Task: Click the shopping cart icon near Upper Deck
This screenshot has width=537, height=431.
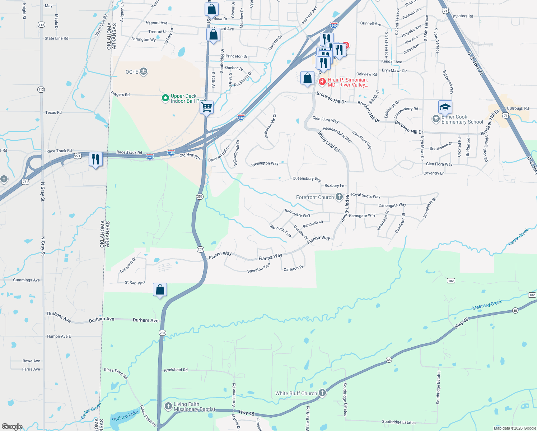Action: [x=207, y=107]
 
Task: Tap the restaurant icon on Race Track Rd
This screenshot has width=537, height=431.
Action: [x=95, y=159]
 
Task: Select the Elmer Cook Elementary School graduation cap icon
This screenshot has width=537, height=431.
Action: [x=445, y=107]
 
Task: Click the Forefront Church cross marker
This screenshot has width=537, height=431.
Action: [x=339, y=197]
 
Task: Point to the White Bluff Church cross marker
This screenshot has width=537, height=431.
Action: [x=322, y=393]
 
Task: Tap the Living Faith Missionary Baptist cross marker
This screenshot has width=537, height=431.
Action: [x=168, y=406]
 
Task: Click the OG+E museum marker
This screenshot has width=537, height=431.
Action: [x=143, y=71]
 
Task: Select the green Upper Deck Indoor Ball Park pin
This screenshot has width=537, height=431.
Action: [x=165, y=98]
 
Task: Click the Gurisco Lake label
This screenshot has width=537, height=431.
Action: [x=125, y=416]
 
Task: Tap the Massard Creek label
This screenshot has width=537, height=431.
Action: [x=487, y=305]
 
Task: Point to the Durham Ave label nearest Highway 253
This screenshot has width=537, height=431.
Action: [x=145, y=320]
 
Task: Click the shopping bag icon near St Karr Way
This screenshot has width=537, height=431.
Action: [x=160, y=289]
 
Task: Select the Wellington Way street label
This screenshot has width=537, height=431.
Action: [x=265, y=163]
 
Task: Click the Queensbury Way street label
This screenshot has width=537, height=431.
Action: [x=307, y=179]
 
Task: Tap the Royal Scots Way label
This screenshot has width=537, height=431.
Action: [x=365, y=195]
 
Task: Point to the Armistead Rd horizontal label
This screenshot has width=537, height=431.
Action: [x=176, y=370]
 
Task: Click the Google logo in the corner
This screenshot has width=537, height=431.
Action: [x=12, y=426]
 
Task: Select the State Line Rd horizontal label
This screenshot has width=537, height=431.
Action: [x=56, y=38]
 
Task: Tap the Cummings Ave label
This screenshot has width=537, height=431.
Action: [x=26, y=280]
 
